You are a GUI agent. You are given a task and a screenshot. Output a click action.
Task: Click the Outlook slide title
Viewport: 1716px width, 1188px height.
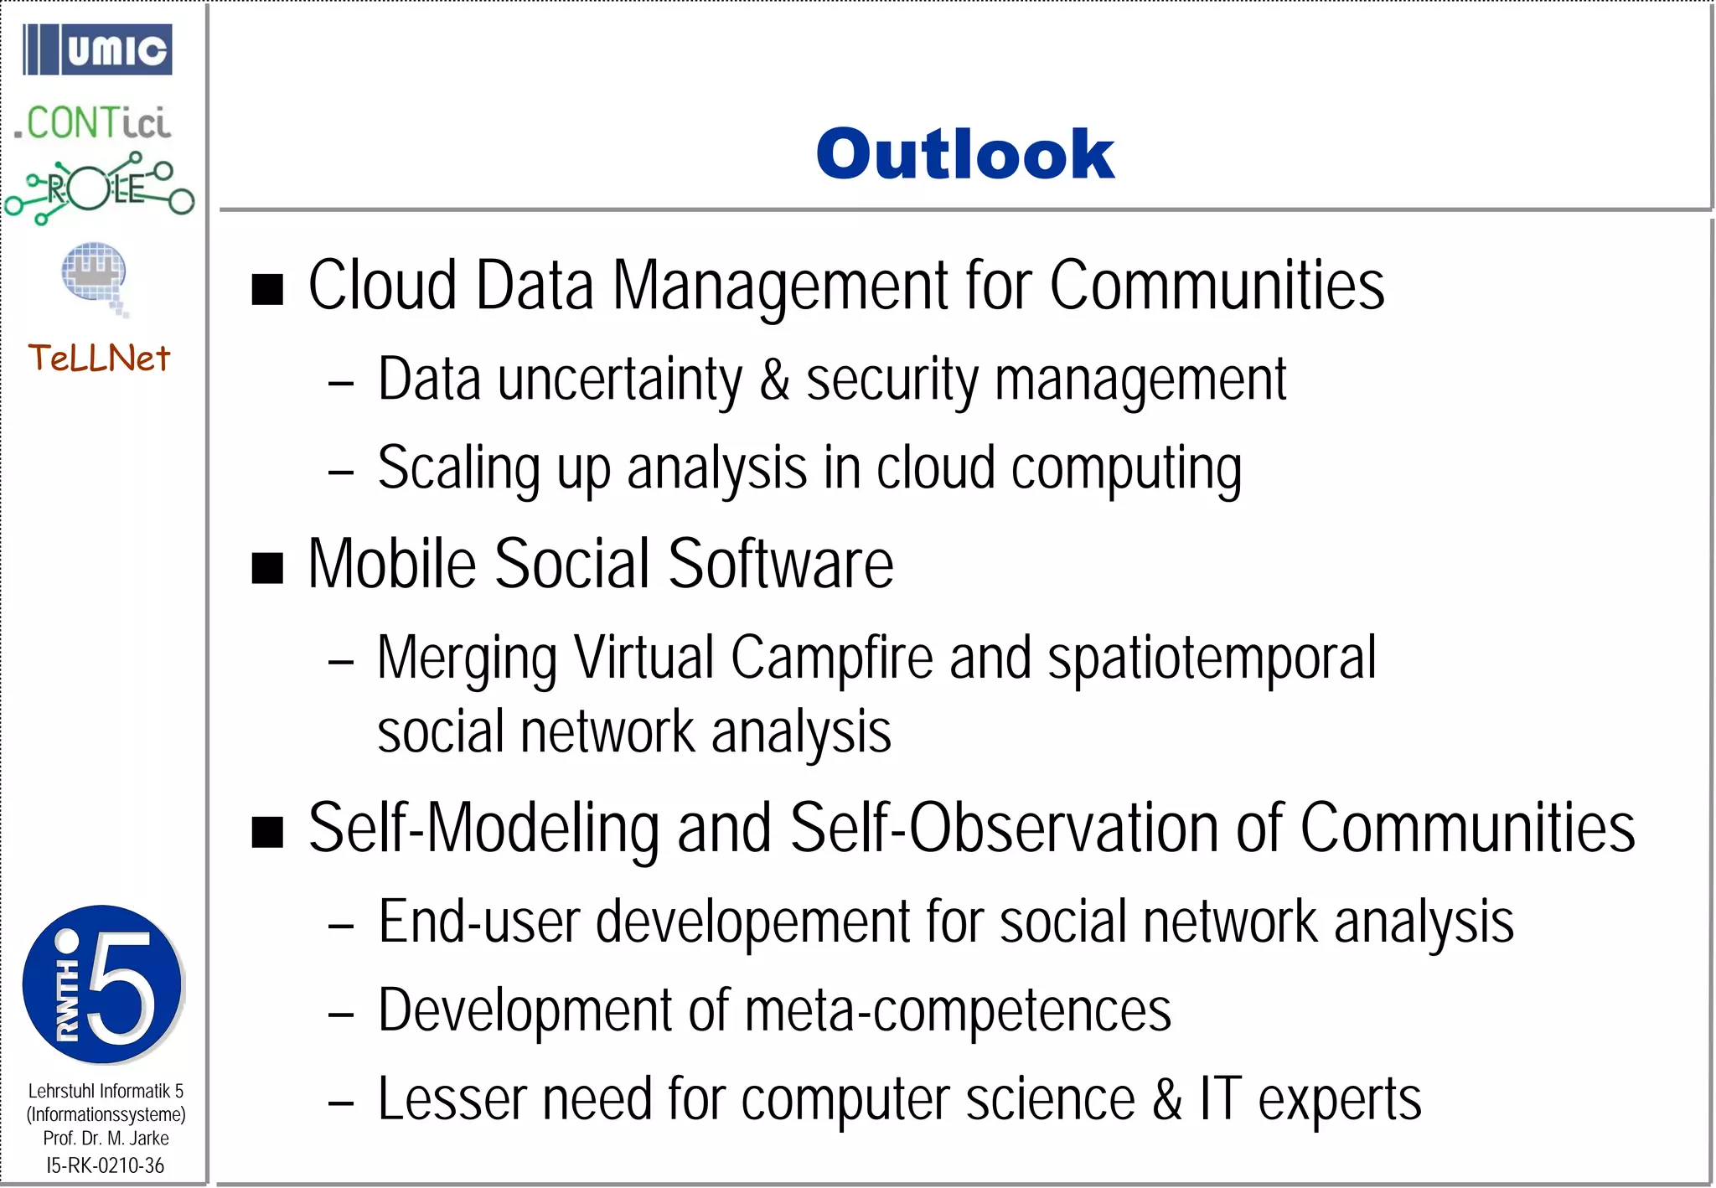pyautogui.click(x=964, y=155)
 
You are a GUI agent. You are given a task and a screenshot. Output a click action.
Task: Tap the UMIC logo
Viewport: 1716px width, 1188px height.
pyautogui.click(x=98, y=49)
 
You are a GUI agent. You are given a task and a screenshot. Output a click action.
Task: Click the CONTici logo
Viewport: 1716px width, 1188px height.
pyautogui.click(x=93, y=123)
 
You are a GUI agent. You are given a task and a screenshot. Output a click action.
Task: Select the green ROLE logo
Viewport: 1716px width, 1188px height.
pyautogui.click(x=99, y=189)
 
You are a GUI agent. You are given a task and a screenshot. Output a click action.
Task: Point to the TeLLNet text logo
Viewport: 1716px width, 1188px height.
pyautogui.click(x=99, y=359)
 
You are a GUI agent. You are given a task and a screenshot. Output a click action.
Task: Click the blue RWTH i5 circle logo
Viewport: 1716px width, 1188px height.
pyautogui.click(x=102, y=984)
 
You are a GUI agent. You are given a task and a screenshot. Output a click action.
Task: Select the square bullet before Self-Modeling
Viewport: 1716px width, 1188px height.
pyautogui.click(x=267, y=832)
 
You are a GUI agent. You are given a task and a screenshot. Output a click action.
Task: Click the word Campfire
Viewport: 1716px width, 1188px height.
pyautogui.click(x=831, y=658)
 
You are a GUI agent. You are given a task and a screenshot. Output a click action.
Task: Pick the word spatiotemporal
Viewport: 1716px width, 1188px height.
pyautogui.click(x=1212, y=658)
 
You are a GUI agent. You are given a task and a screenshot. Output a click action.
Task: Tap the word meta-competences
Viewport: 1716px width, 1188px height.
pyautogui.click(x=958, y=1010)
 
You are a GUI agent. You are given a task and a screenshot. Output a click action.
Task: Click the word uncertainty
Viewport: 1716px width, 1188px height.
pyautogui.click(x=620, y=380)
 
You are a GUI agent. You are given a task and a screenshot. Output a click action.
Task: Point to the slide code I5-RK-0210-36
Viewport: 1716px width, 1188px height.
pyautogui.click(x=106, y=1165)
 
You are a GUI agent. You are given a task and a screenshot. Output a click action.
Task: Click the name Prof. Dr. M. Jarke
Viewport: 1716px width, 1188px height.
pyautogui.click(x=106, y=1139)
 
